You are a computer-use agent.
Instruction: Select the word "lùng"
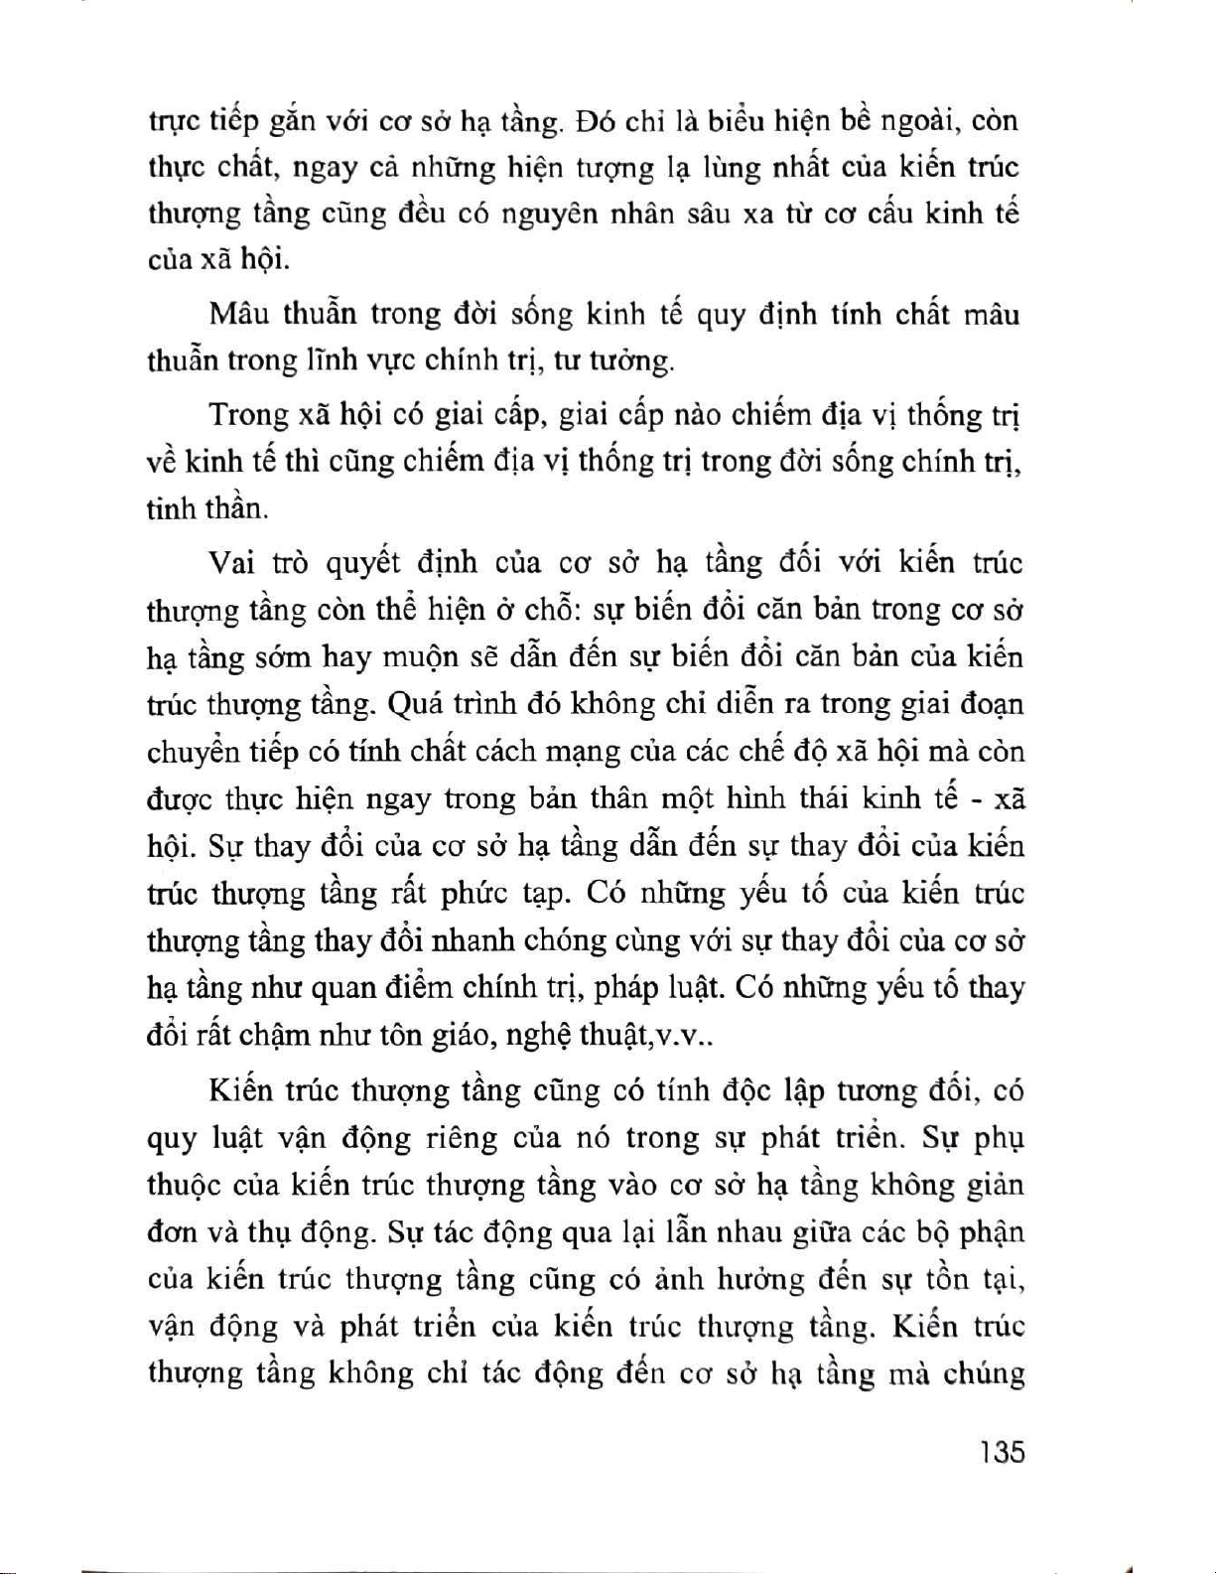[734, 169]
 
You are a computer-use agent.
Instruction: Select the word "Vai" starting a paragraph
[231, 563]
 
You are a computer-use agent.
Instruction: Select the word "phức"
[473, 894]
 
